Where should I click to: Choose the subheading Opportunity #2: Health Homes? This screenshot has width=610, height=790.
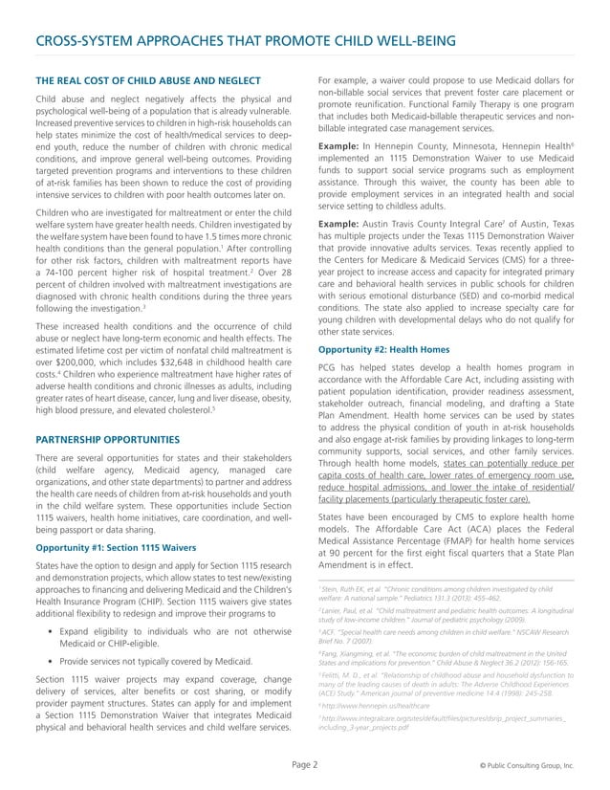[x=382, y=349]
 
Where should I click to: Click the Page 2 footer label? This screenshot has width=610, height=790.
[x=305, y=766]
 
